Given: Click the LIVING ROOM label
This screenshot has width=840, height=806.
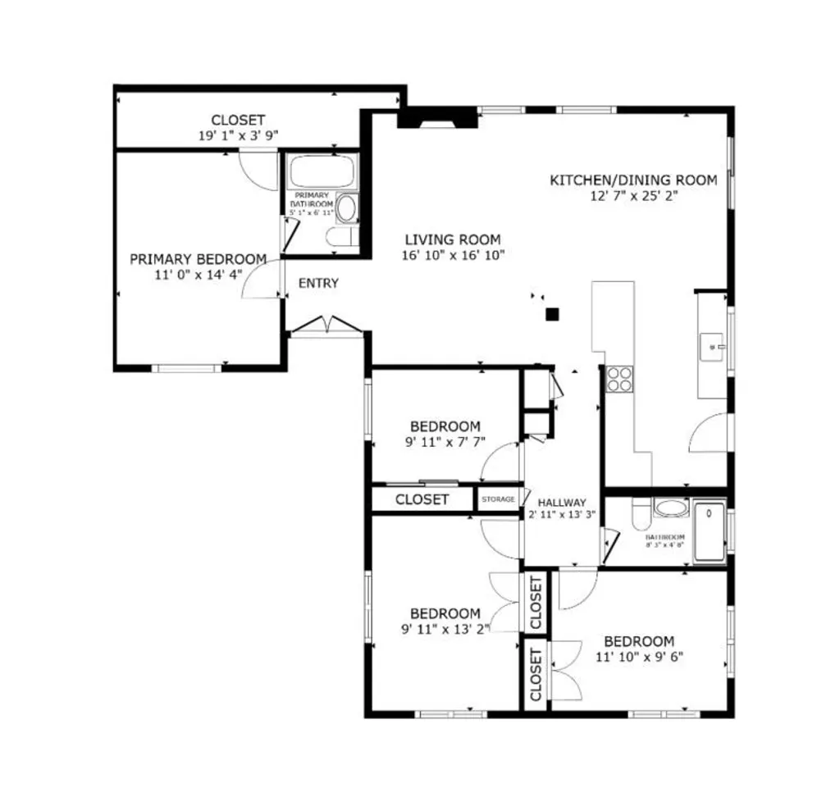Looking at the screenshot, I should click(452, 239).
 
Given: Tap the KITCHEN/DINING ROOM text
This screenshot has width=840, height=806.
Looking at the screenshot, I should click(632, 180).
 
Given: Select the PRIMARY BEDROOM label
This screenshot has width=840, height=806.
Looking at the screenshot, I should click(198, 259).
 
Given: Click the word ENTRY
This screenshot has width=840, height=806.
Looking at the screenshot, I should click(318, 284).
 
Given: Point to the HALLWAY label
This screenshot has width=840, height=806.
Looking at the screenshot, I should click(562, 503).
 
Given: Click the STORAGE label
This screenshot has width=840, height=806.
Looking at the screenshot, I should click(498, 499).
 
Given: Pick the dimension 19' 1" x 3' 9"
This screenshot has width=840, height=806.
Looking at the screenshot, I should click(238, 135).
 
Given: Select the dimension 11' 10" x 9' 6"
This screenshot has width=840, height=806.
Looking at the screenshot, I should click(639, 657).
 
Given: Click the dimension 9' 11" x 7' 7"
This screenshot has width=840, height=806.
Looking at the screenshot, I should click(445, 442).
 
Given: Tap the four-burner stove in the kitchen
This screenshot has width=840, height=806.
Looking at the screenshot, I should click(619, 379).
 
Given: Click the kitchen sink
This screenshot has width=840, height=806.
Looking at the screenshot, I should click(711, 347).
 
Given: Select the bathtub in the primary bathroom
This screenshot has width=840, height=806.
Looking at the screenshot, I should click(322, 171).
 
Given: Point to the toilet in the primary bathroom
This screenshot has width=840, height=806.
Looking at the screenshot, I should click(340, 237).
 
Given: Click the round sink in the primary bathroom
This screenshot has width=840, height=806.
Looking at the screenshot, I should click(348, 207).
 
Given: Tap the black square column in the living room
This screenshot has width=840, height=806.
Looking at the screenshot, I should click(553, 313).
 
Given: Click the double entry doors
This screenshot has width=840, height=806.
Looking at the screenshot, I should click(327, 326).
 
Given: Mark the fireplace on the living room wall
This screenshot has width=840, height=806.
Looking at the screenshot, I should click(436, 118).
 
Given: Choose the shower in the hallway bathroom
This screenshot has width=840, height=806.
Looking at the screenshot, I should click(710, 532).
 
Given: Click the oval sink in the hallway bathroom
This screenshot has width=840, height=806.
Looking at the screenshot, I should click(672, 508).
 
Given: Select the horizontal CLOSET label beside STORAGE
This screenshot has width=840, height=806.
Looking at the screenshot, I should click(422, 499).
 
